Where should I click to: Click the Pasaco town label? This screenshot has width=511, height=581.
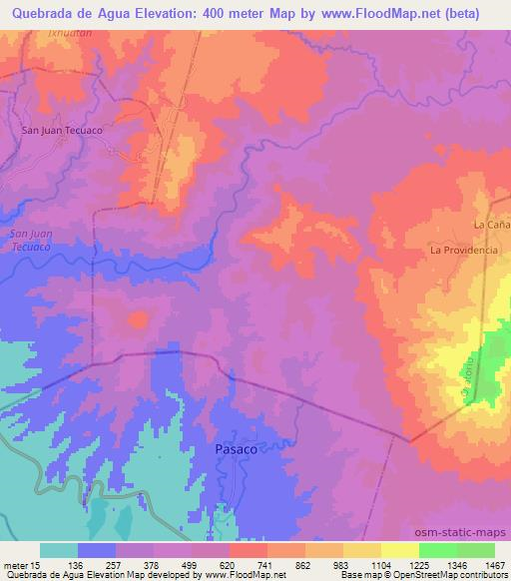click(x=237, y=450)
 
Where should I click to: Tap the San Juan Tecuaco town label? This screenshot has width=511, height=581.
click(x=63, y=130)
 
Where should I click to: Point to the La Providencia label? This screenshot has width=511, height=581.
click(x=464, y=250)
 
